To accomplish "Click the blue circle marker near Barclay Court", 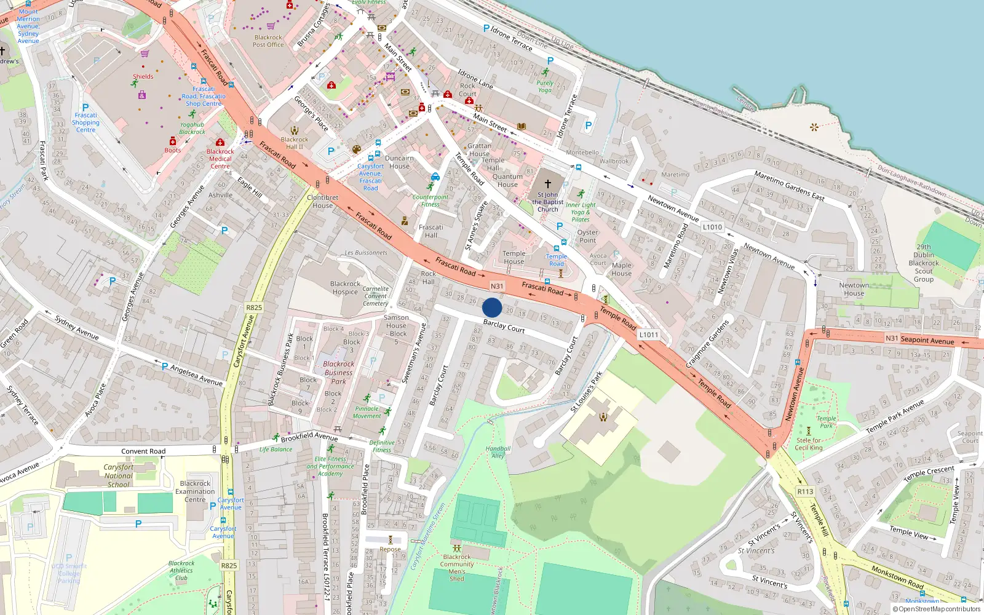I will (x=492, y=307).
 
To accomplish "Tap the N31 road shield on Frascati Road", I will (x=497, y=286).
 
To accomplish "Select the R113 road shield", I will (x=805, y=491).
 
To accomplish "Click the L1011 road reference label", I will (x=649, y=335).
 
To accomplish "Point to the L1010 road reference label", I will (x=712, y=227).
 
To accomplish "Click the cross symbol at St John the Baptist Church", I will (x=547, y=183).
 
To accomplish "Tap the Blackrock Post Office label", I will (x=268, y=41).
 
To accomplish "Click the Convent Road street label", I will (x=143, y=451).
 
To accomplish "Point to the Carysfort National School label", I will (x=119, y=476).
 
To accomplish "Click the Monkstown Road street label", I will (x=897, y=577).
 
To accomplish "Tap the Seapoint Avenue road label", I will (x=927, y=340).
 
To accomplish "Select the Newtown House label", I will (x=854, y=289).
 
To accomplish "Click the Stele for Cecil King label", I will (x=808, y=444).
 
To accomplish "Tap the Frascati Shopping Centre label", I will (x=85, y=122).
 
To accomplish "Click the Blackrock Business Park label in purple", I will (x=338, y=373).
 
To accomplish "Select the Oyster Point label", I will (x=587, y=236).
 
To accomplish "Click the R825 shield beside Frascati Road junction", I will (x=254, y=307).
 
